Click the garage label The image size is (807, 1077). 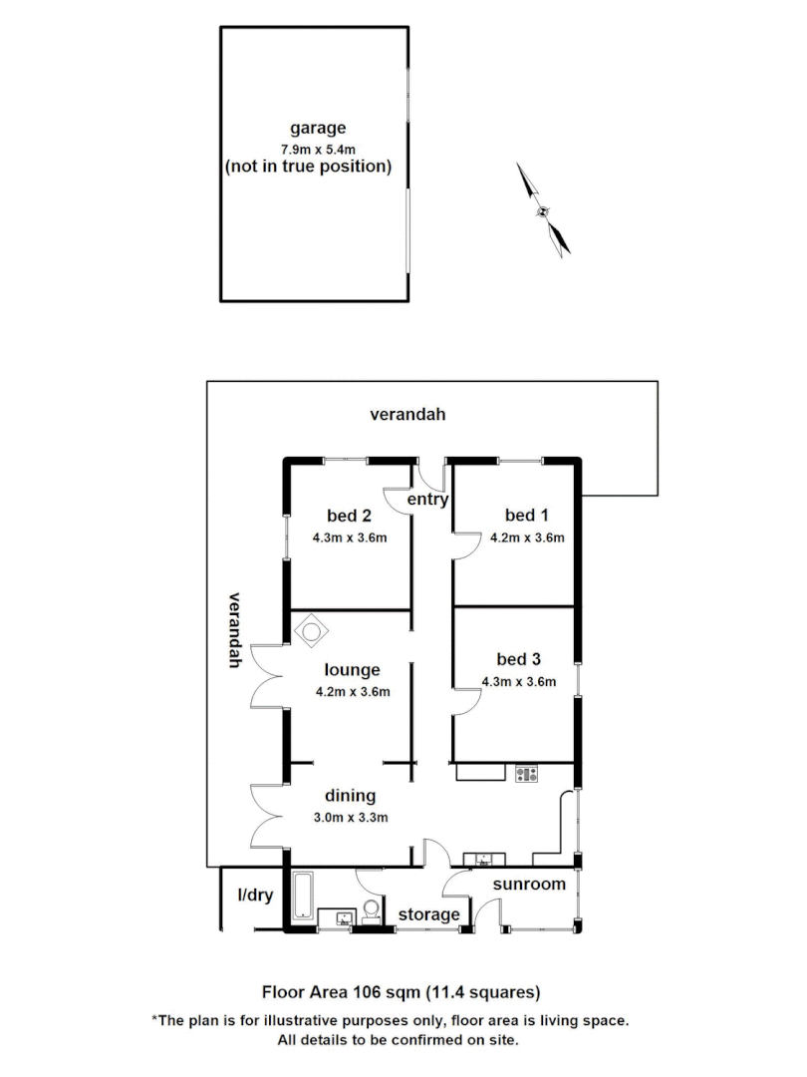coord(318,128)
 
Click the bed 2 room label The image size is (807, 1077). coord(349,516)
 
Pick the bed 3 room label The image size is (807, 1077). coord(518,659)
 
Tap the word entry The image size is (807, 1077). coord(429,500)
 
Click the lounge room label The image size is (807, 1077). coord(353,670)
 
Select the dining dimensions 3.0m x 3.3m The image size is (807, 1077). coord(350,817)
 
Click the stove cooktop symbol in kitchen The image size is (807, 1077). coord(526,772)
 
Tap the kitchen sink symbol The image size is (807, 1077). coord(485,859)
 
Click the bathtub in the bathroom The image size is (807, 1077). coord(303,895)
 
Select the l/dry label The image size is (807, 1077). coord(254,895)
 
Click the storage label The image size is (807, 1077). coord(429,914)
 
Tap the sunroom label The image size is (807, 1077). coord(529,885)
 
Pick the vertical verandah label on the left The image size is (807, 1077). coord(235,630)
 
